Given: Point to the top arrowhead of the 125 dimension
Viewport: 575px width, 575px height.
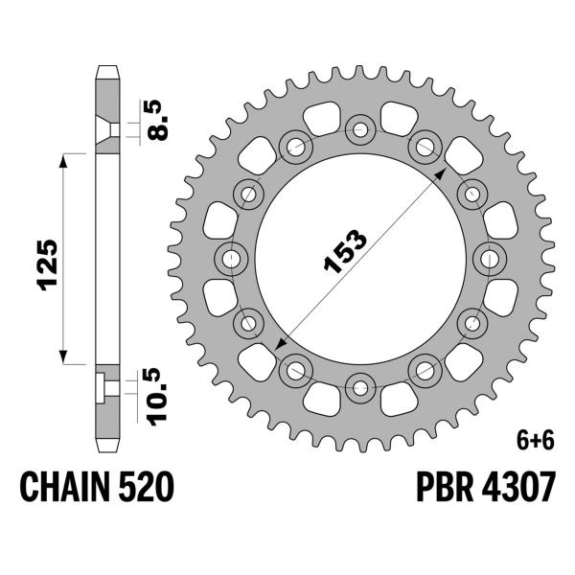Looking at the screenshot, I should pos(65,157).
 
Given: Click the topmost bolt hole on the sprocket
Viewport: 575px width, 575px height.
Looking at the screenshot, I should pos(361,126).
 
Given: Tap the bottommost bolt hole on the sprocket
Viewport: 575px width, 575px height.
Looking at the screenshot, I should pos(361,388).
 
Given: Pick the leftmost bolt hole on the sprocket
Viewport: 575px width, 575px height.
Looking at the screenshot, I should pos(230,257).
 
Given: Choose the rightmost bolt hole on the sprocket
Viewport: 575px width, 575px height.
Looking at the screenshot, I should pos(492,257).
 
